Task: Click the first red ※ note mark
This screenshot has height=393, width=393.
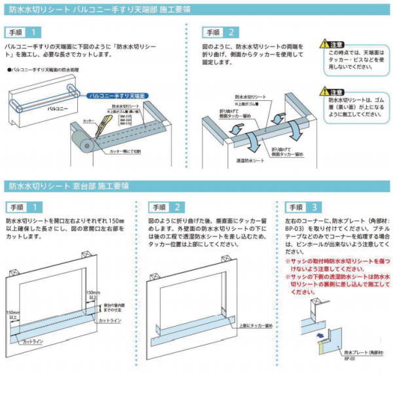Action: (x=287, y=261)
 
